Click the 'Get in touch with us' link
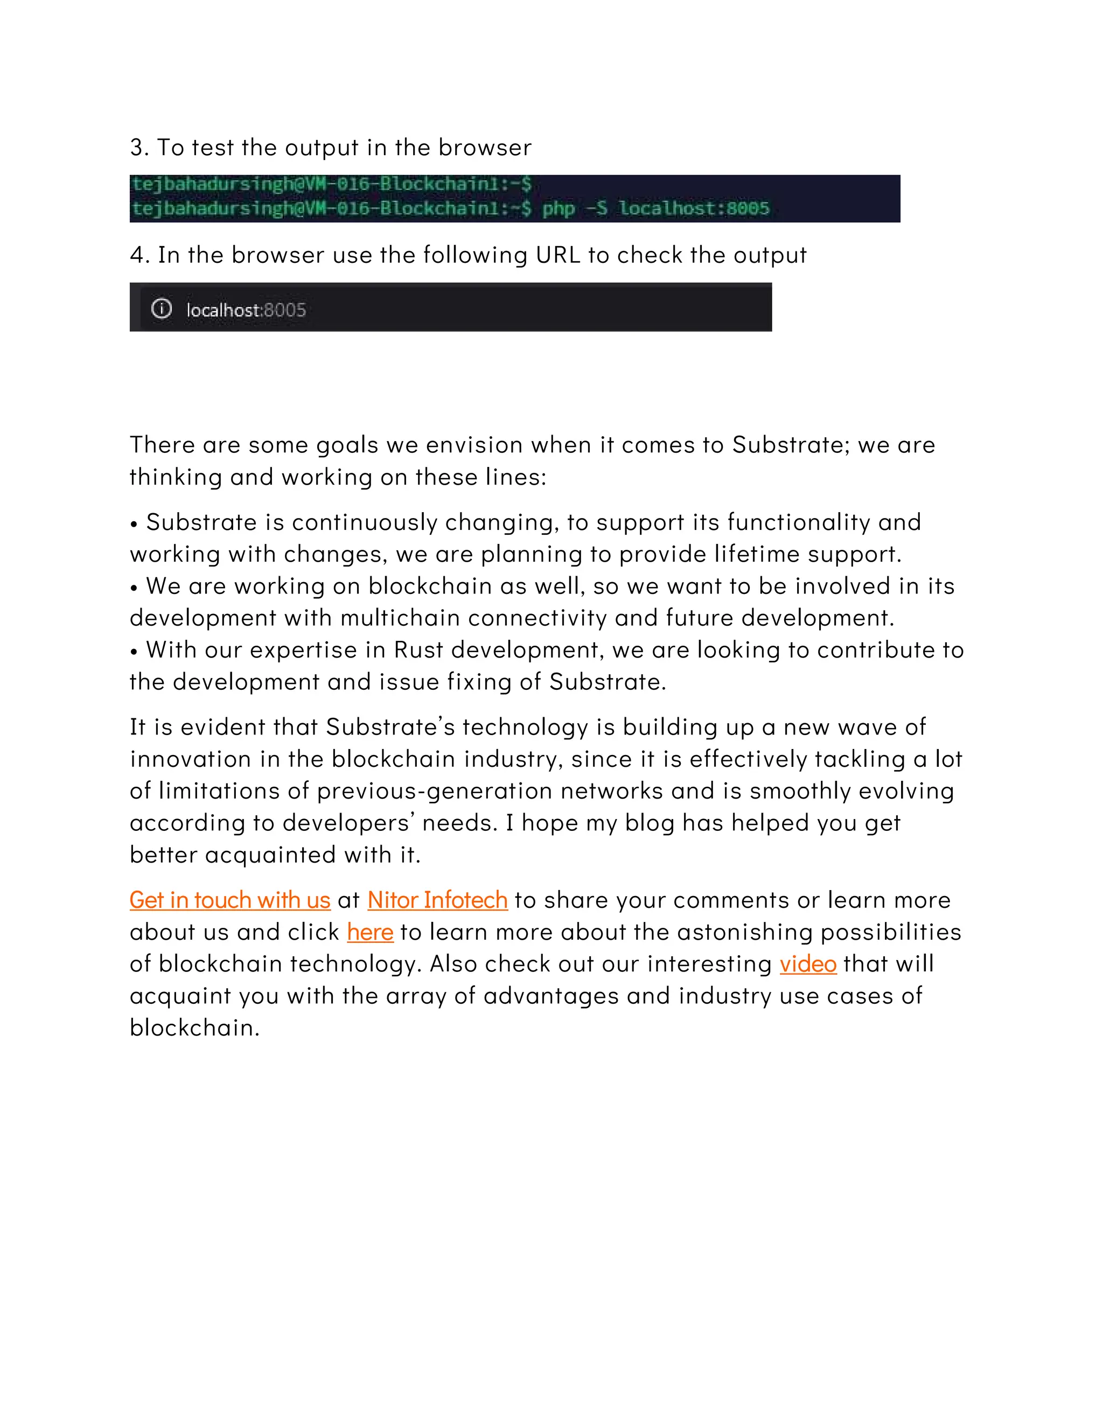click(229, 900)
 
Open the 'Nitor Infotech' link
click(437, 900)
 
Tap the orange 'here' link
click(370, 932)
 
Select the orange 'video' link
click(808, 964)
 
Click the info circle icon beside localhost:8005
click(162, 309)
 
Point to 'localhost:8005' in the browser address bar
click(246, 310)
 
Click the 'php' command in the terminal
click(558, 208)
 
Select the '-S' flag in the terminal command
click(596, 208)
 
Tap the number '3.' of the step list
click(139, 148)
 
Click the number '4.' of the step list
click(140, 255)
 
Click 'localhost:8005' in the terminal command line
click(694, 208)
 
